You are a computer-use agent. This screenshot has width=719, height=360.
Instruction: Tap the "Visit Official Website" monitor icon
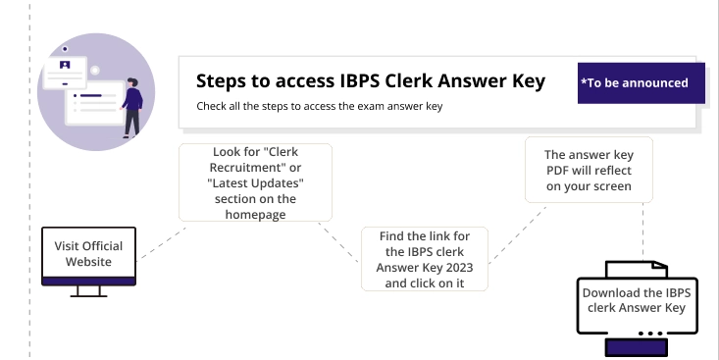coord(88,259)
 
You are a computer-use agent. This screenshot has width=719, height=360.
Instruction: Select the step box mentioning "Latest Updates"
coord(255,182)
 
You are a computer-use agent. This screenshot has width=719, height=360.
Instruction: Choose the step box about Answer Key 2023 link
coord(425,259)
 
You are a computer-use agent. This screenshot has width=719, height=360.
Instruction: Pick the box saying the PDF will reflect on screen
coord(589,169)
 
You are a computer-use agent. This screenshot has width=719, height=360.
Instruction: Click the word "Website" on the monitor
coord(88,262)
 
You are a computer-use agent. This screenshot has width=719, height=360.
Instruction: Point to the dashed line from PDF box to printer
coord(642,231)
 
